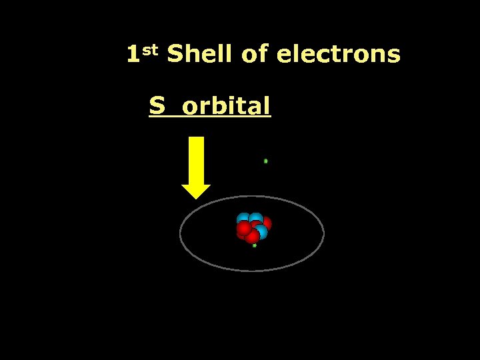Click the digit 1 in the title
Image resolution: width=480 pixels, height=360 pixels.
[x=133, y=54]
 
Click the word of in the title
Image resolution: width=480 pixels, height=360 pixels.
[x=254, y=55]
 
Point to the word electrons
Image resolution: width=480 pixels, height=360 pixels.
[x=338, y=55]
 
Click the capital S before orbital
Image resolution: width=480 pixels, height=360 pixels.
[x=157, y=105]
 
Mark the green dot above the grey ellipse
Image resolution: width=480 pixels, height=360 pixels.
[x=265, y=161]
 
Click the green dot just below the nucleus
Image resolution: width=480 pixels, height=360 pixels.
[x=254, y=245]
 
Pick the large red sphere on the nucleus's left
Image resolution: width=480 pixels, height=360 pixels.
[x=244, y=229]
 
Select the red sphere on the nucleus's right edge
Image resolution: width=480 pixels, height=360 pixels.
[x=266, y=223]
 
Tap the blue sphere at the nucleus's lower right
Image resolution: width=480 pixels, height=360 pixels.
[x=261, y=232]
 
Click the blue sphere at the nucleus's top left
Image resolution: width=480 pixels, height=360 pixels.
[x=243, y=218]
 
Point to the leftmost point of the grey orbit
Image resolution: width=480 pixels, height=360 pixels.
[x=180, y=233]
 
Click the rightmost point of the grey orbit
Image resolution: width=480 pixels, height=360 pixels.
[x=324, y=233]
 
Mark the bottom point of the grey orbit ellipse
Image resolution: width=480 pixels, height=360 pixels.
[x=252, y=271]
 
